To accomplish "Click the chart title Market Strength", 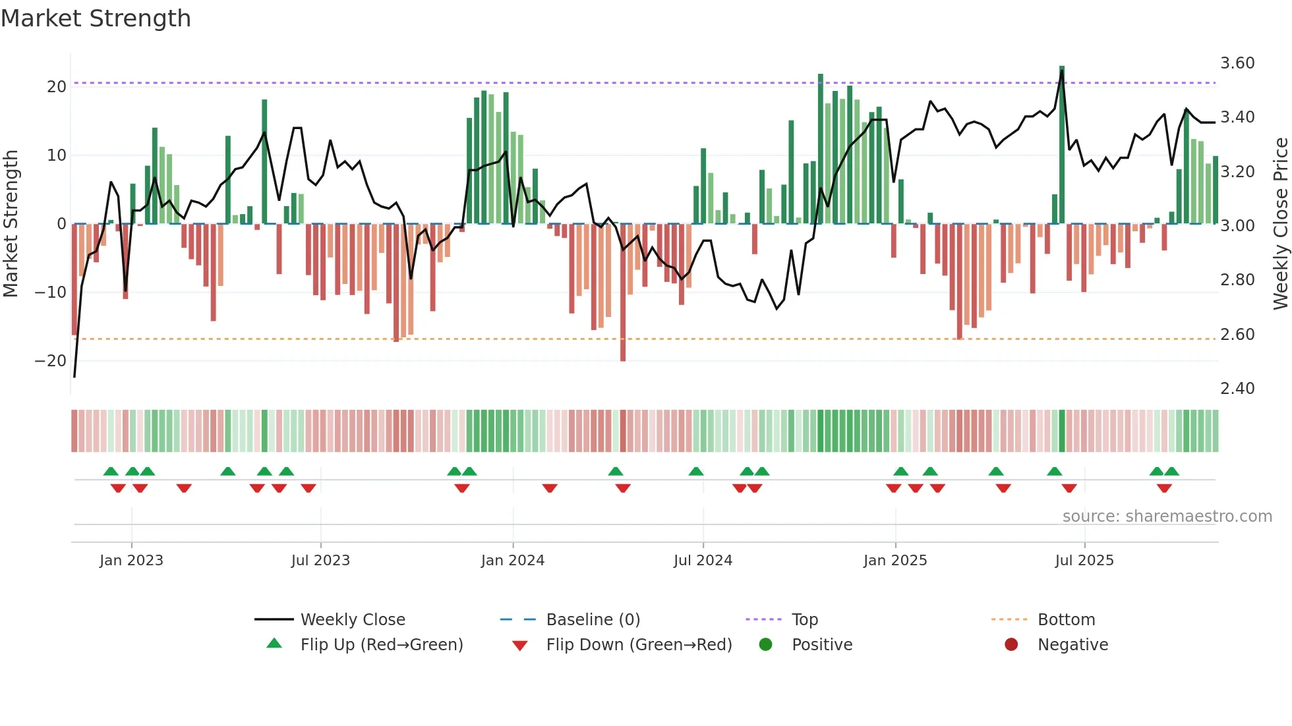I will point(96,18).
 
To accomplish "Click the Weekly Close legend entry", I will point(352,619).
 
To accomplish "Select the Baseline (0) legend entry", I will point(593,619).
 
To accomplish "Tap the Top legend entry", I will point(804,619).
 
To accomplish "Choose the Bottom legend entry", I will point(1066,619).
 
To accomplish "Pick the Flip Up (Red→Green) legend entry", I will point(381,644).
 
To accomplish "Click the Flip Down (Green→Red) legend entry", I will point(639,644).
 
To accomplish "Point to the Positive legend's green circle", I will point(765,644).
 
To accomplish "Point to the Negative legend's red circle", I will point(1011,644).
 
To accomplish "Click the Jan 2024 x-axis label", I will point(512,560).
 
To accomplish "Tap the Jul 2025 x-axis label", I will point(1084,560).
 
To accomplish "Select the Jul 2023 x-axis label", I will point(320,560).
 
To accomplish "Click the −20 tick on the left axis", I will point(50,360).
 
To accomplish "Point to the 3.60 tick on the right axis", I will point(1237,63).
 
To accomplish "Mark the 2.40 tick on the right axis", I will point(1237,388).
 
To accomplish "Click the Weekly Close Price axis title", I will point(1280,223).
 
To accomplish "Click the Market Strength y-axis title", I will point(11,223).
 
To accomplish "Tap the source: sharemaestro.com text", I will point(1167,516).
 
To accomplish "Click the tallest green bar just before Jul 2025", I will point(1062,145).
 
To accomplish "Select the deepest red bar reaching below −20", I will point(623,293).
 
